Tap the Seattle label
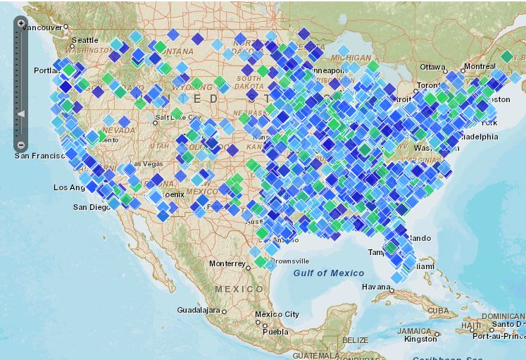84,40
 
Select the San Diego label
92,207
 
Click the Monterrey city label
227,263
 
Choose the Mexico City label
277,314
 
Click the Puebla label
275,331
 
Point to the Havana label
375,287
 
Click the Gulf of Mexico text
329,273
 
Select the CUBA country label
438,311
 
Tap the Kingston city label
420,339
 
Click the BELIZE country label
355,340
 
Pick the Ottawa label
433,67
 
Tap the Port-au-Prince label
499,335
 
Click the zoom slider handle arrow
21,113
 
